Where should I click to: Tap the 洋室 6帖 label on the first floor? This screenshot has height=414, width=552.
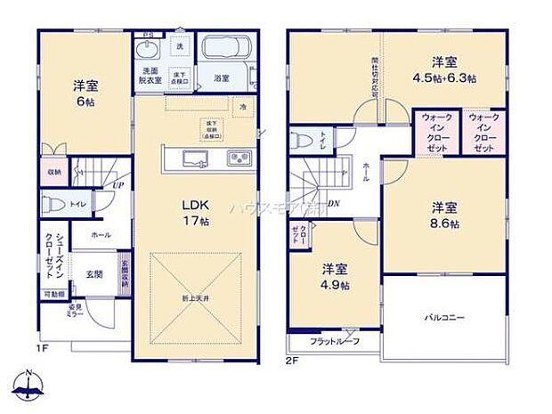(86, 93)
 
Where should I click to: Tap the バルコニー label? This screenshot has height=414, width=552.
(442, 317)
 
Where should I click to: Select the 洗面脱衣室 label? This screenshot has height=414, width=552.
(149, 75)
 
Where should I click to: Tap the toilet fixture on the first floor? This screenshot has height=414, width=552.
(53, 204)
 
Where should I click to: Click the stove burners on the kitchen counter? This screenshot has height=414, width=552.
(239, 159)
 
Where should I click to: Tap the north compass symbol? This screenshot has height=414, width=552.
(29, 385)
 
